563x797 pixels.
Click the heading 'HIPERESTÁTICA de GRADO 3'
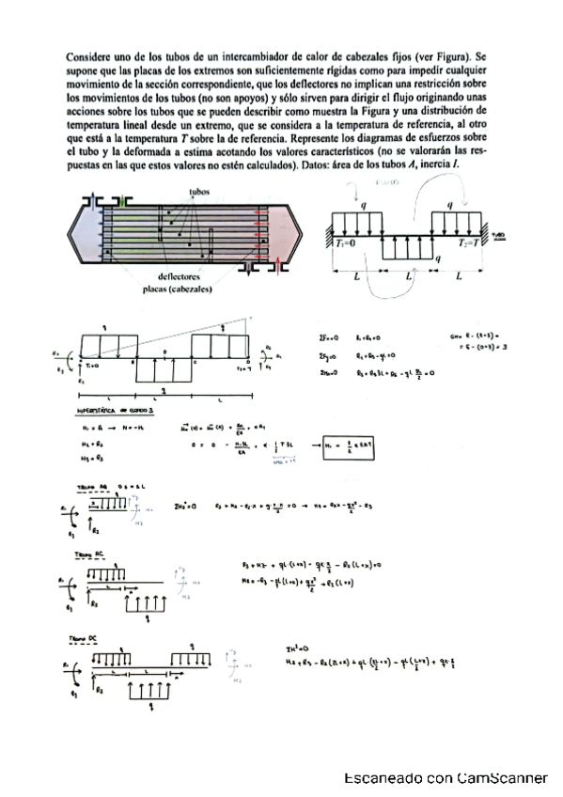click(x=109, y=412)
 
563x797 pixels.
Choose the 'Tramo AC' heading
click(x=90, y=555)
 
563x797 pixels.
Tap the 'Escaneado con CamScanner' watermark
click(x=446, y=779)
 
